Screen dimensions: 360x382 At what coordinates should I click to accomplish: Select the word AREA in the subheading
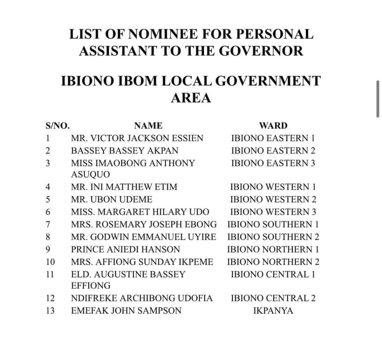point(191,98)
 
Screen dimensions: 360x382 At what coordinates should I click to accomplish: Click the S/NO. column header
point(57,126)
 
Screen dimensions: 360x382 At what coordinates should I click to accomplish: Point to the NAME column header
point(148,126)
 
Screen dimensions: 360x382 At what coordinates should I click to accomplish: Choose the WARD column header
point(273,126)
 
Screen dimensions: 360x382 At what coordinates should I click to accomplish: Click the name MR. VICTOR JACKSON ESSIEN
point(137,138)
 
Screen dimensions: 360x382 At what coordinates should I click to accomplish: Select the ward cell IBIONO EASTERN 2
point(273,150)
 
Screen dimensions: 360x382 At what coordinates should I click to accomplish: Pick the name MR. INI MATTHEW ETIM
point(124,187)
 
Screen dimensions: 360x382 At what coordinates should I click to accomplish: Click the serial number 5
point(48,199)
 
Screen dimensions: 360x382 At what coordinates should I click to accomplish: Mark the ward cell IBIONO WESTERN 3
point(273,212)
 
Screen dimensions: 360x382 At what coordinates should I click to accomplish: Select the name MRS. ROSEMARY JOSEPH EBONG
point(144,224)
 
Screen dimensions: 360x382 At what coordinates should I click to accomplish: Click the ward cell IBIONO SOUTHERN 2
point(273,237)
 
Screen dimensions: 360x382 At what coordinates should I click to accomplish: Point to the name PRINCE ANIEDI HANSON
point(125,249)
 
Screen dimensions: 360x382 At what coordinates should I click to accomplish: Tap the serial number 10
point(50,262)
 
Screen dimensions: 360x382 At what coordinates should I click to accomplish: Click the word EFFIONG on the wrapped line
point(91,286)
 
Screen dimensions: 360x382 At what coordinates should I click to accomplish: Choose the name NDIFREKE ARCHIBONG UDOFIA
point(142,298)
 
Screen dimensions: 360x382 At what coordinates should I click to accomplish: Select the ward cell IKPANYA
point(273,310)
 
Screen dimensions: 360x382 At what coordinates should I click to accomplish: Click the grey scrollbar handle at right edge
point(378,99)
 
